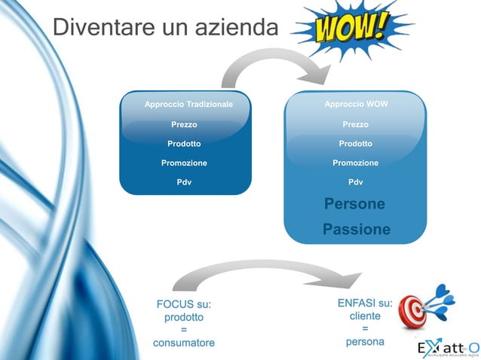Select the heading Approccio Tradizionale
[188, 104]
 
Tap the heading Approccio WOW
[356, 104]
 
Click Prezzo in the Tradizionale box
[184, 124]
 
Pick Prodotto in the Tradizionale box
[184, 143]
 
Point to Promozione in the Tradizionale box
[184, 163]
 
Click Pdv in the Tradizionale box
[184, 182]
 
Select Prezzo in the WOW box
[355, 124]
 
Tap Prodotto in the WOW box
[355, 143]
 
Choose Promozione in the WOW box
[355, 163]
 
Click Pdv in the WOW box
[355, 182]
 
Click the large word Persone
[354, 205]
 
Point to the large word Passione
[356, 229]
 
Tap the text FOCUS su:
[183, 304]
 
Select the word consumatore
[183, 343]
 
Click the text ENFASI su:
[365, 303]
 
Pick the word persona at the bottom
[365, 342]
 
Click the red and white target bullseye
[414, 310]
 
